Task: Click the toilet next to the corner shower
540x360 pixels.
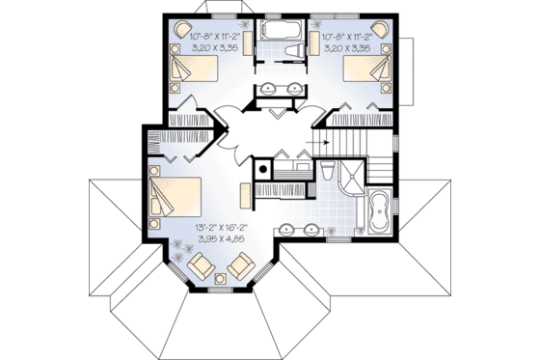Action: coord(329,174)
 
